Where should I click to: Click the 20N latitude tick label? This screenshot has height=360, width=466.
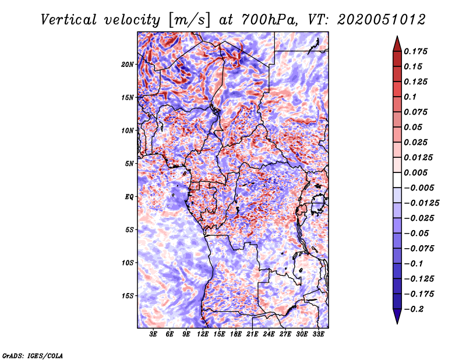[x=128, y=64]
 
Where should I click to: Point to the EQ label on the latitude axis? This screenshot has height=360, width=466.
[x=129, y=196]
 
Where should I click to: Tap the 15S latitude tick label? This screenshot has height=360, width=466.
[x=128, y=295]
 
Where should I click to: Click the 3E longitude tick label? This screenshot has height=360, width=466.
[x=154, y=334]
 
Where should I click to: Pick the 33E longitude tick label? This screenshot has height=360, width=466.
[x=319, y=334]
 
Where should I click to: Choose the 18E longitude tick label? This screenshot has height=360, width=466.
[x=236, y=334]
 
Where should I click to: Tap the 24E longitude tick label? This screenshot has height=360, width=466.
[x=269, y=334]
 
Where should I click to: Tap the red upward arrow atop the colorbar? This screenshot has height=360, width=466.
[x=397, y=43]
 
